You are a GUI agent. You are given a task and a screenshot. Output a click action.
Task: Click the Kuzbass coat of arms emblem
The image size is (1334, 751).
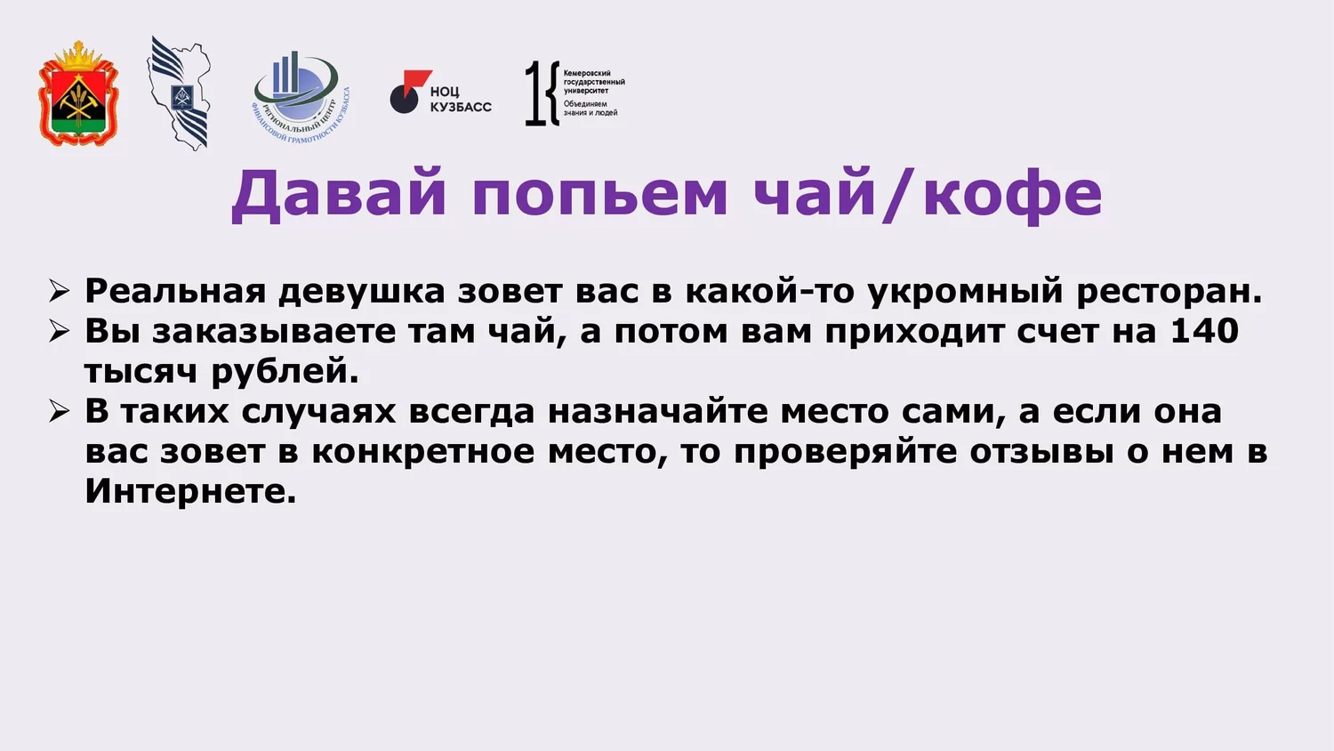click(x=78, y=93)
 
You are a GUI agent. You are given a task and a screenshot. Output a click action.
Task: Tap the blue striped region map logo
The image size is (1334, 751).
click(x=180, y=93)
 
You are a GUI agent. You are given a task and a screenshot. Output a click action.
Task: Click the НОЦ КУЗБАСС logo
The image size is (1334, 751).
click(x=441, y=92)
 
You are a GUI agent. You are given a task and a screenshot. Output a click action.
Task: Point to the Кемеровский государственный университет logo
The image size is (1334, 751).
click(x=575, y=93)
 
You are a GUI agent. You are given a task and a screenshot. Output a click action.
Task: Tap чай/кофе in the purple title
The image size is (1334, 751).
click(x=928, y=195)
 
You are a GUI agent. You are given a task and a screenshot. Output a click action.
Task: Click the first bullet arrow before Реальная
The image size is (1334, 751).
click(x=60, y=292)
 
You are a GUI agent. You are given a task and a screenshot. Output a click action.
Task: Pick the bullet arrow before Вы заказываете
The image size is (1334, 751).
click(x=60, y=331)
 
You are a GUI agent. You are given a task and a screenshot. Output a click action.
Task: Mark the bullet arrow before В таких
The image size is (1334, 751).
click(x=60, y=411)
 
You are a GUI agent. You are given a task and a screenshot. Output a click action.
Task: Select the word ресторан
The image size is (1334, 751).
click(x=1169, y=292)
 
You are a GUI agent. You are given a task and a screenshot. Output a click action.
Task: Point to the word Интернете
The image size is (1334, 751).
click(x=190, y=491)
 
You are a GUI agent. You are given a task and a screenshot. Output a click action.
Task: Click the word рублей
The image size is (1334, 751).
click(x=285, y=371)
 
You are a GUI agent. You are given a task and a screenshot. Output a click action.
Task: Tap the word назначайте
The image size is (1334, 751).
click(x=658, y=411)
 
